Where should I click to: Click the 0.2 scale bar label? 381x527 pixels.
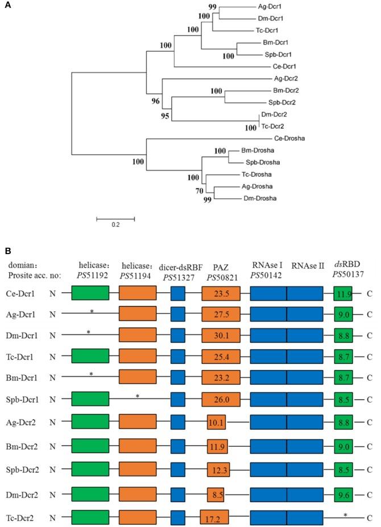tap(115, 225)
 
